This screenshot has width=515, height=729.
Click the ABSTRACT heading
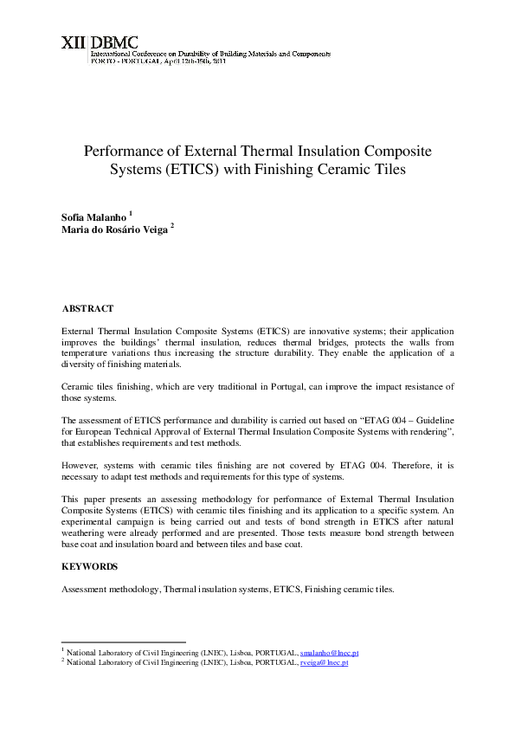(x=87, y=308)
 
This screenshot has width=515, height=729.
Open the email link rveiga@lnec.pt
(x=324, y=662)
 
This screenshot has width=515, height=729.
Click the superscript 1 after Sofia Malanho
(x=130, y=211)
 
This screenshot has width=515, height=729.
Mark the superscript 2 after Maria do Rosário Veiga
(x=172, y=225)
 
